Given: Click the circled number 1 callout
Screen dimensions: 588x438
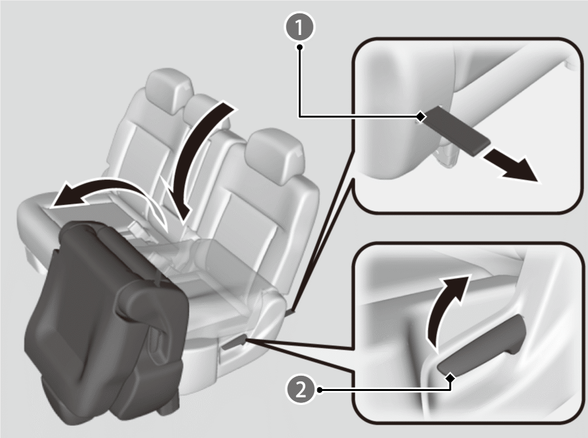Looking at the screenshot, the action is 299,27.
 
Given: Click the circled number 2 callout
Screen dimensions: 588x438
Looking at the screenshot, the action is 301,390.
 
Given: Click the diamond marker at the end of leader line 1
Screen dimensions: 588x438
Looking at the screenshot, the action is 421,116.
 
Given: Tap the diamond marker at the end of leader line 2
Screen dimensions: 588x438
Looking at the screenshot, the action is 451,378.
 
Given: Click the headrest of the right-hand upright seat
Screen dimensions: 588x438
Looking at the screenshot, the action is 276,156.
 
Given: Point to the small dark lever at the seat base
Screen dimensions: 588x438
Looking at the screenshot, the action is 234,343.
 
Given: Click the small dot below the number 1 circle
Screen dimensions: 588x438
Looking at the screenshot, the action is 299,47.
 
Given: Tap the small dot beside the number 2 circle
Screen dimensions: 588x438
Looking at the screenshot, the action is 320,390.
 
